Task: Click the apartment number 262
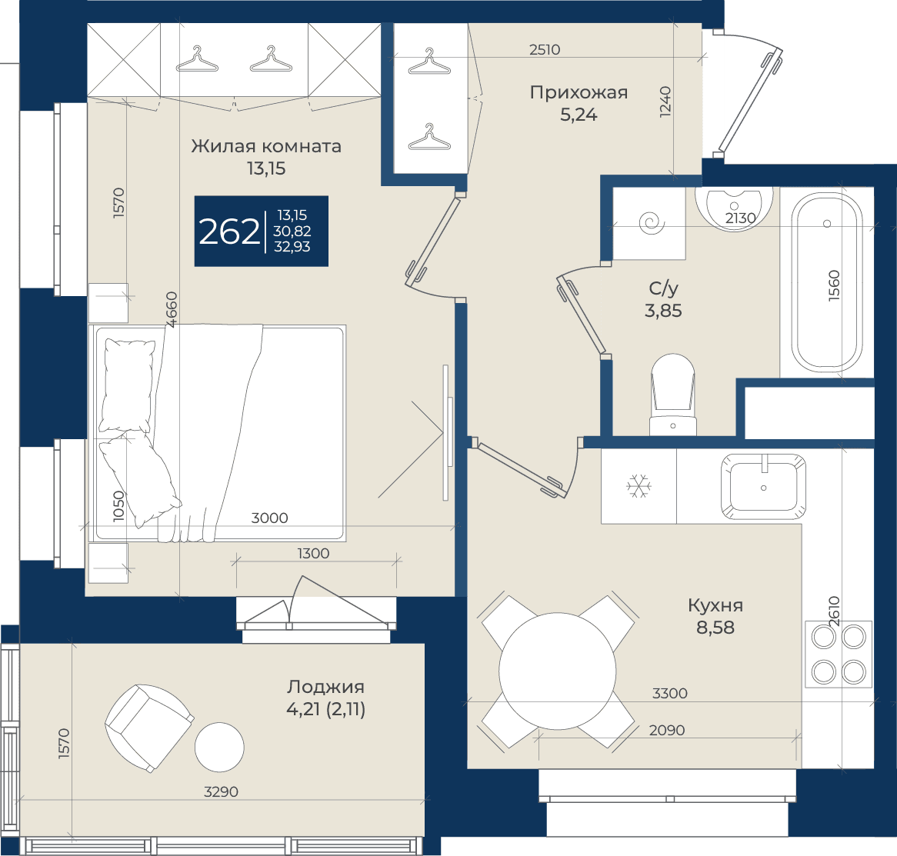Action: [x=228, y=231]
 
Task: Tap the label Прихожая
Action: [x=579, y=92]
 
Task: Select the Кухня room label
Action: [x=715, y=605]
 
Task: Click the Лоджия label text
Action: [x=325, y=688]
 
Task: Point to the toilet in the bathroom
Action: [x=672, y=395]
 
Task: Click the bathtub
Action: [x=827, y=282]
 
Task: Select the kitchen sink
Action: [x=763, y=487]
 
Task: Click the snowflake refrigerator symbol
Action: [x=639, y=486]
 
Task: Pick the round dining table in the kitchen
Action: [x=557, y=671]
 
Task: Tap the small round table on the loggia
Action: [x=219, y=748]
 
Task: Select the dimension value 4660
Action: [x=171, y=309]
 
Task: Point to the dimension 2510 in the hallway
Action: [x=545, y=50]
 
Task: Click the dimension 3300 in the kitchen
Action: [x=670, y=694]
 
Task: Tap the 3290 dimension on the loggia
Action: [x=221, y=792]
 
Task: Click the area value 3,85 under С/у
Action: [x=663, y=311]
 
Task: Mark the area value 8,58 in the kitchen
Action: [x=715, y=628]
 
